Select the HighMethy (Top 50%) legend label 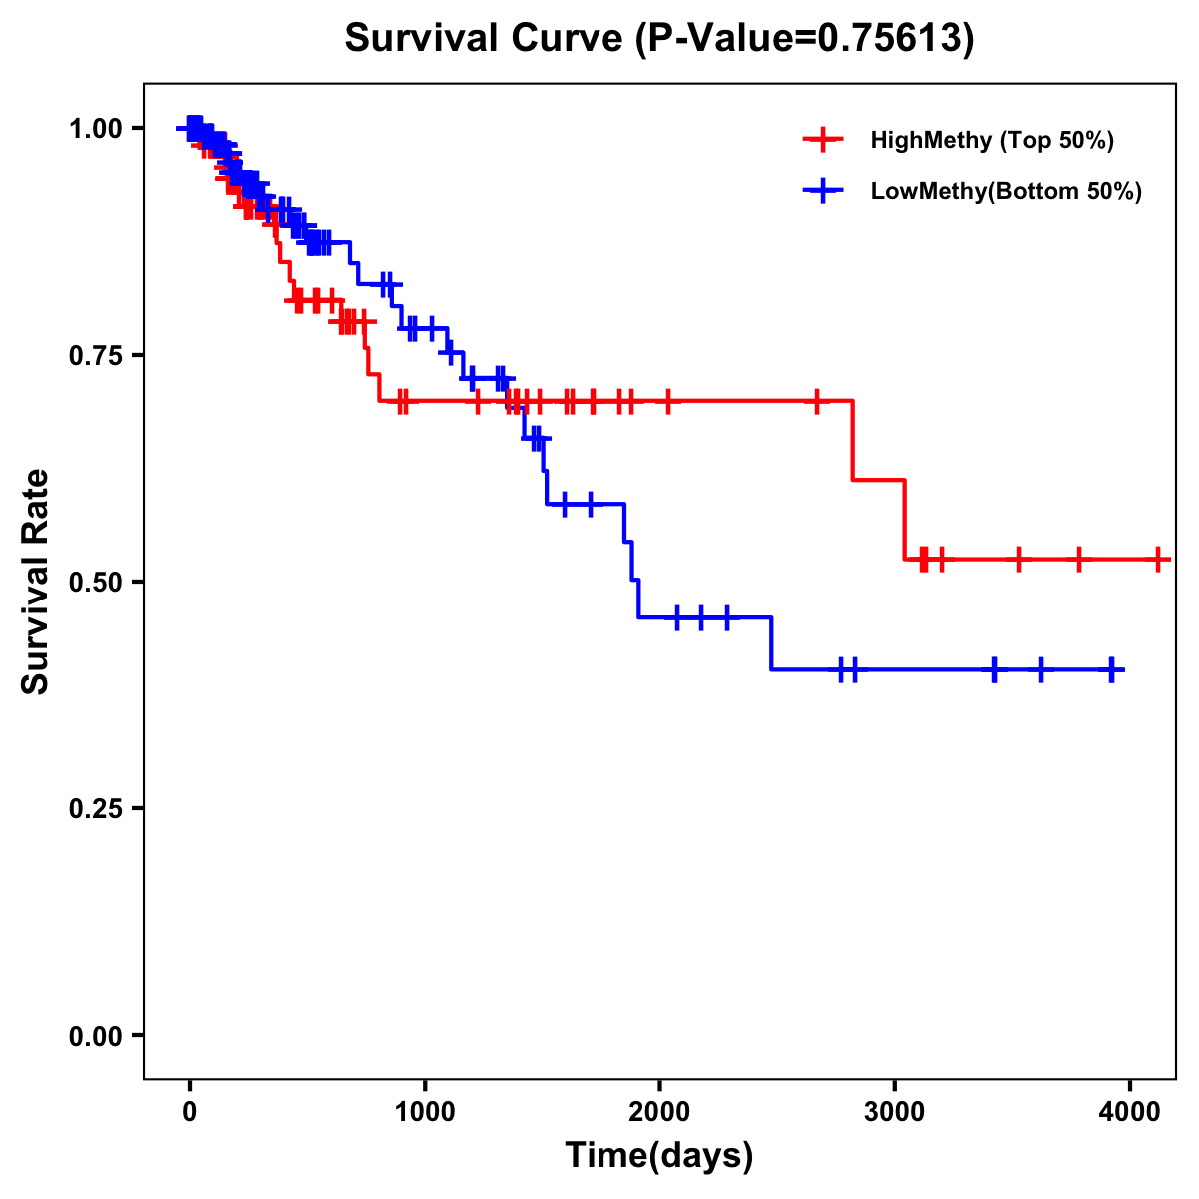991,140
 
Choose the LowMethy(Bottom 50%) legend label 1006,191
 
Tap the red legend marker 823,140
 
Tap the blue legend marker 823,191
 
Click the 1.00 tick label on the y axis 97,128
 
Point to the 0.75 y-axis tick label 97,355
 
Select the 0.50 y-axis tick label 97,582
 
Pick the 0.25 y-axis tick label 97,808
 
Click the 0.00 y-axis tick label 97,1035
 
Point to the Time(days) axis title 659,1156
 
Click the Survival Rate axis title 36,582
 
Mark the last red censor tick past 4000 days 1157,559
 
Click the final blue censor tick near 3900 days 1111,669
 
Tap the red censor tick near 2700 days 818,401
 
